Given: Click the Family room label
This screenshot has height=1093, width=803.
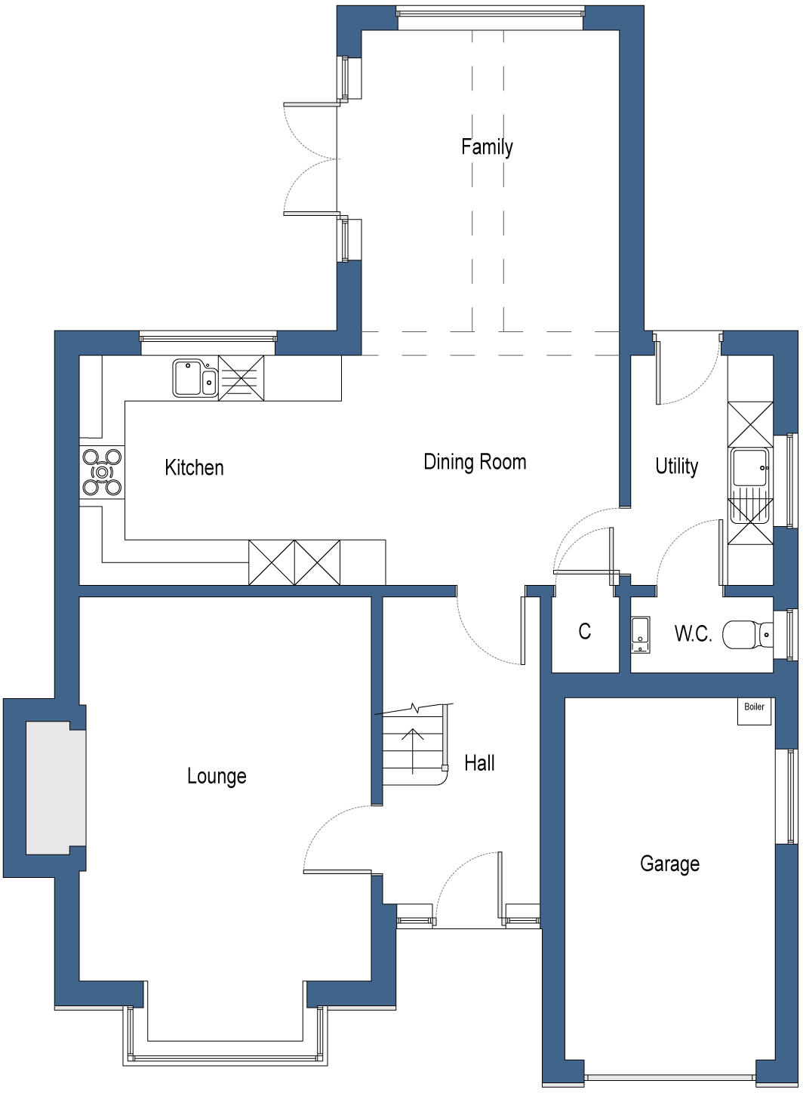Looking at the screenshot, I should click(x=487, y=146).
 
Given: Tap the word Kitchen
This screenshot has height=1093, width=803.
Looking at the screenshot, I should click(x=194, y=467).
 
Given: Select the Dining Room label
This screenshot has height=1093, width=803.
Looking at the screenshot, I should click(x=475, y=461).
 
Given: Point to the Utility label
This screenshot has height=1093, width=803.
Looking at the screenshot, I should click(x=676, y=466).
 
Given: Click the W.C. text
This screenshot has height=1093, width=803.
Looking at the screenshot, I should click(x=693, y=634).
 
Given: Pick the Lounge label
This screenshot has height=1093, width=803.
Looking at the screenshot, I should click(x=217, y=776).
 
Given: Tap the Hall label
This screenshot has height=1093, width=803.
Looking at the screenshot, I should click(x=479, y=762).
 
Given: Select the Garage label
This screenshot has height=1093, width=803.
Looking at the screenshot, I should click(x=669, y=863).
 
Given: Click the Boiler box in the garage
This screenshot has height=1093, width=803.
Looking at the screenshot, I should click(x=754, y=710).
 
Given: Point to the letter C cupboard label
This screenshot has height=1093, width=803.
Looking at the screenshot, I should click(x=585, y=631).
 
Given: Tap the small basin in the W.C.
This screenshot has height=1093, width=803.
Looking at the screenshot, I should click(x=640, y=634).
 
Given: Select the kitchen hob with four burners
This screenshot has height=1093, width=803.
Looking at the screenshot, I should click(x=103, y=473).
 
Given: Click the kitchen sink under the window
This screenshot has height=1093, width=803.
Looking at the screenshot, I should click(x=195, y=377).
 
